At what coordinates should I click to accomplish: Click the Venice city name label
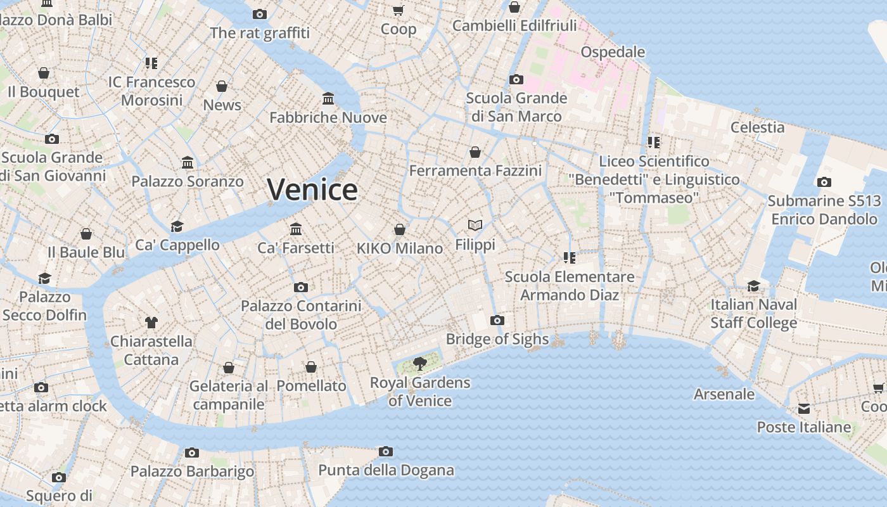pos(312,189)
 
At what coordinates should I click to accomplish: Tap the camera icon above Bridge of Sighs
pos(497,320)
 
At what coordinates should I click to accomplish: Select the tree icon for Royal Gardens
pos(419,363)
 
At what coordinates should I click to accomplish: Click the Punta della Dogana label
pos(386,470)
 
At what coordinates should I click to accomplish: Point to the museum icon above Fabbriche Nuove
pos(328,98)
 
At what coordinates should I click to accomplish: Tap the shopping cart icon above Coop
pos(399,10)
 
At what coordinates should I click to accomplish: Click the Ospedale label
pos(613,52)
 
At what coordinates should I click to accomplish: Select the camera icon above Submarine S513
pos(824,183)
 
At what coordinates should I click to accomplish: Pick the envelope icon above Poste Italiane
pos(804,409)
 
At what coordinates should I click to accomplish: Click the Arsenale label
pos(724,394)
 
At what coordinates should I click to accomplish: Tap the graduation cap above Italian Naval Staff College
pos(753,286)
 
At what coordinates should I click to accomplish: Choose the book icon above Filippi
pos(475,225)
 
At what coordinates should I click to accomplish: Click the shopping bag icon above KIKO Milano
pos(400,229)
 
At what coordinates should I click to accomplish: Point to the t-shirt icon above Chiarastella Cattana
pos(151,322)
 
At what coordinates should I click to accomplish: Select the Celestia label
pos(757,127)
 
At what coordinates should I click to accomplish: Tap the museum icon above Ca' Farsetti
pos(296,228)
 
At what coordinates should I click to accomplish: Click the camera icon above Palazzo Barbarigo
pos(192,452)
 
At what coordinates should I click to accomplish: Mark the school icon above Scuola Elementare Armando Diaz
pos(570,257)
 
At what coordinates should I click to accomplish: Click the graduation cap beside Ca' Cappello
pos(177,226)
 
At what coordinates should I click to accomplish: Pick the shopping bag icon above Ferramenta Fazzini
pos(475,152)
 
